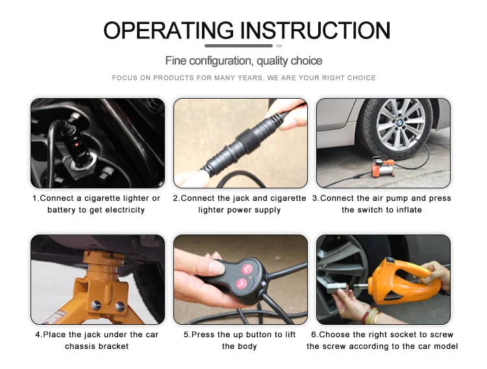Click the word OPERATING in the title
point(168,31)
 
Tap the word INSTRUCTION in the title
point(315,31)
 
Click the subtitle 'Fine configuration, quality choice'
point(243,60)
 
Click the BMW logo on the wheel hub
point(400,123)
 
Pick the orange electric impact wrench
point(401,281)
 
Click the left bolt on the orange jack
point(95,305)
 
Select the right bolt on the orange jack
point(120,306)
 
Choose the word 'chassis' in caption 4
point(77,346)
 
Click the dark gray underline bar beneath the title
point(238,45)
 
